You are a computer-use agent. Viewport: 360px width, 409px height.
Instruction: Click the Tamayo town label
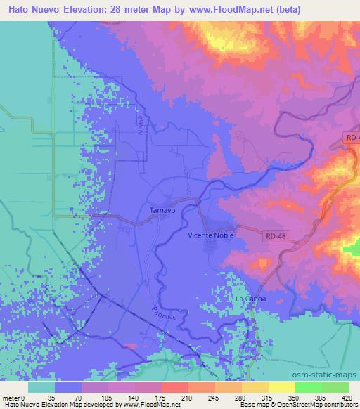[x=162, y=210]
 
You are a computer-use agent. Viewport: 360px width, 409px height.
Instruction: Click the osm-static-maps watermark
[x=330, y=374]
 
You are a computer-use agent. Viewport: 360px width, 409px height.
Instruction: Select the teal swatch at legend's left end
[x=41, y=387]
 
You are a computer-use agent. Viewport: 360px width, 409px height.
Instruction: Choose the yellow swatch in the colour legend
[x=281, y=387]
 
